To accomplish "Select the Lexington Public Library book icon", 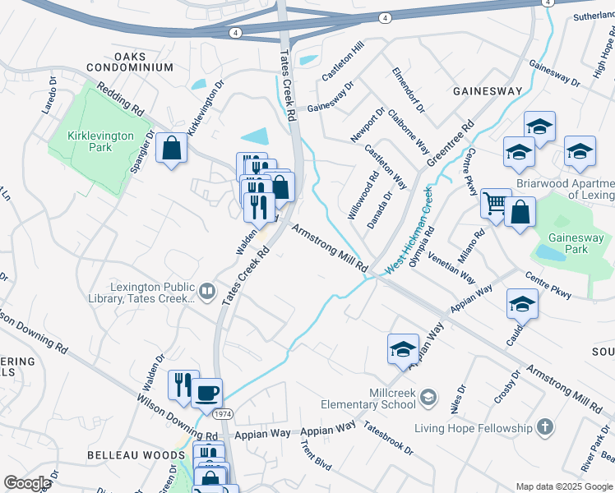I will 208,292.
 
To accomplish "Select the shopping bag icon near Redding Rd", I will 172,148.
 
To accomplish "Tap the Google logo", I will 27,483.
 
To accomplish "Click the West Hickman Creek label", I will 409,230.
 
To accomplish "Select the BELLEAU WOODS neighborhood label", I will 127,454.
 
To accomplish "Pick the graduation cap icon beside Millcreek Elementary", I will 403,347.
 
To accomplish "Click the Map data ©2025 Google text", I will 564,486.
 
